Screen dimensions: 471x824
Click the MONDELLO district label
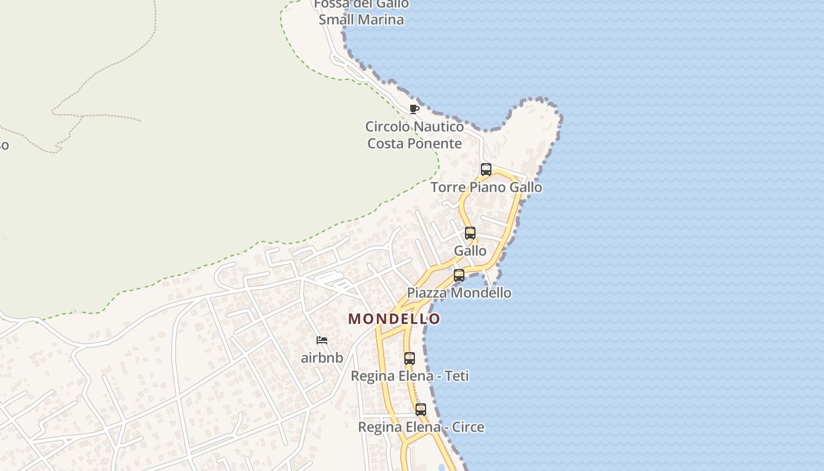[x=394, y=319]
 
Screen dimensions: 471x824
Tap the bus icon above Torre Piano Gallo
[x=486, y=170]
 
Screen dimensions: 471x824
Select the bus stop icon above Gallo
[x=470, y=233]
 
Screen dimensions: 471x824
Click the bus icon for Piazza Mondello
[x=459, y=275]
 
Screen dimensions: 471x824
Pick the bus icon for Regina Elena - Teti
[x=410, y=358]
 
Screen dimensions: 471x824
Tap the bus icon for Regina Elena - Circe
[x=421, y=410]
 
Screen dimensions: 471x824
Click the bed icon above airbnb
[x=322, y=340]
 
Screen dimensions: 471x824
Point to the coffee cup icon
[x=414, y=109]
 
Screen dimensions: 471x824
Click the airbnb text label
[x=322, y=357]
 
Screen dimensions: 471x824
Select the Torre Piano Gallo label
[x=486, y=187]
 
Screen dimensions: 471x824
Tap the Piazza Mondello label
[x=459, y=293]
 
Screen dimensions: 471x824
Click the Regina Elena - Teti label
[x=410, y=376]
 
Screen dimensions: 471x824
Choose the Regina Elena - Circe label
[x=421, y=427]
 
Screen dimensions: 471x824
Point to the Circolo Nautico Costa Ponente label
[x=414, y=135]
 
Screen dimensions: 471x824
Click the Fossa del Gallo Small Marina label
[x=361, y=12]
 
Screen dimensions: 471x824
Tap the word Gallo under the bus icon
[x=470, y=251]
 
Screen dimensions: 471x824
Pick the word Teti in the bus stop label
[x=457, y=376]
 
